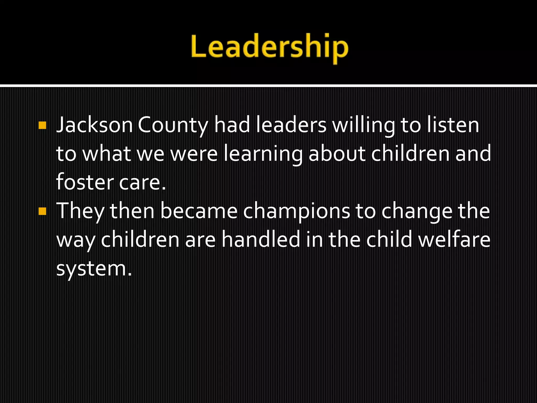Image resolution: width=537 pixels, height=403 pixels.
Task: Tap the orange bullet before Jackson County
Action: (42, 125)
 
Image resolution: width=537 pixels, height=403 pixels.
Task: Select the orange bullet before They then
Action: (42, 211)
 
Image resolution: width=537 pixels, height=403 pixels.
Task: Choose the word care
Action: (142, 183)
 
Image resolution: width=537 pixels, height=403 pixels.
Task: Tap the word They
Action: (80, 211)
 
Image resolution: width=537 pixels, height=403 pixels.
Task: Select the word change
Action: (417, 212)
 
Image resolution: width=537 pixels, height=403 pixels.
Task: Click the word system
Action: (93, 269)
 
